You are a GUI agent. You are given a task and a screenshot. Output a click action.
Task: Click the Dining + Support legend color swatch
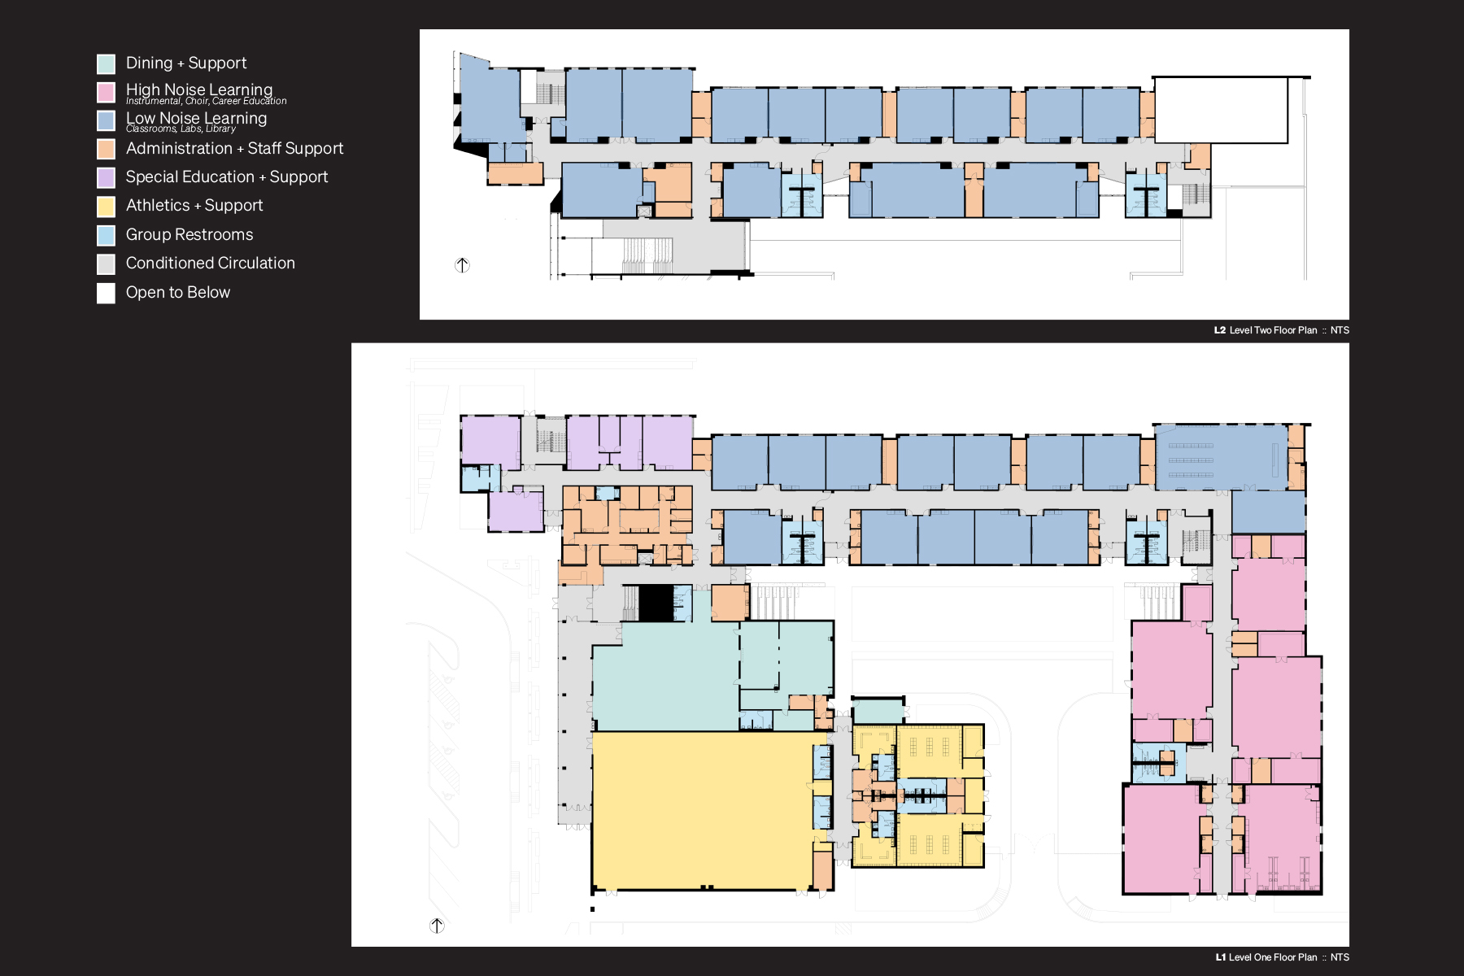point(106,63)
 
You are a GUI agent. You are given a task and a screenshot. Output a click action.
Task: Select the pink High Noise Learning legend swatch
point(106,92)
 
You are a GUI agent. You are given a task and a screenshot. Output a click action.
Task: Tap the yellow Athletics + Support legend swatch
point(106,207)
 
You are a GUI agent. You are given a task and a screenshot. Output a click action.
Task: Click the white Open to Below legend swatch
point(106,293)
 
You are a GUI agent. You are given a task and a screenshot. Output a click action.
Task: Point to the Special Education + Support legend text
point(227,177)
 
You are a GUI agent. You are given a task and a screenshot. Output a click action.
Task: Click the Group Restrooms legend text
point(190,235)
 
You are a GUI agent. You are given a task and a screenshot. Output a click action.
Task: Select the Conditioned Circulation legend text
point(211,264)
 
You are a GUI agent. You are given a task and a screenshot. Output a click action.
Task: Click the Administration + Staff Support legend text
point(235,149)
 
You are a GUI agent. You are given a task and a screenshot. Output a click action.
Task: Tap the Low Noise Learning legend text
point(197,118)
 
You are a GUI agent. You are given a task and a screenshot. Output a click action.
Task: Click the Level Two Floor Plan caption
point(1282,330)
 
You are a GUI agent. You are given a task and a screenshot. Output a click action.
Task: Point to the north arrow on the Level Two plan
point(462,265)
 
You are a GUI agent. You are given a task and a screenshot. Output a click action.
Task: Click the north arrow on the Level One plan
point(437,926)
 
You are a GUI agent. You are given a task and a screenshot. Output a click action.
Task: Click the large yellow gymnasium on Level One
point(702,810)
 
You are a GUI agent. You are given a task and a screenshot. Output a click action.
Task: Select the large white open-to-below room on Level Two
point(1221,111)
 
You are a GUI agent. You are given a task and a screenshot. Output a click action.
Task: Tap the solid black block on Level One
point(656,603)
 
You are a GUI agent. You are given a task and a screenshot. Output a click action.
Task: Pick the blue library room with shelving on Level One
point(1221,458)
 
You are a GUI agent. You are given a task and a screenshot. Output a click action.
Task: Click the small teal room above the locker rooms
point(878,711)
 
